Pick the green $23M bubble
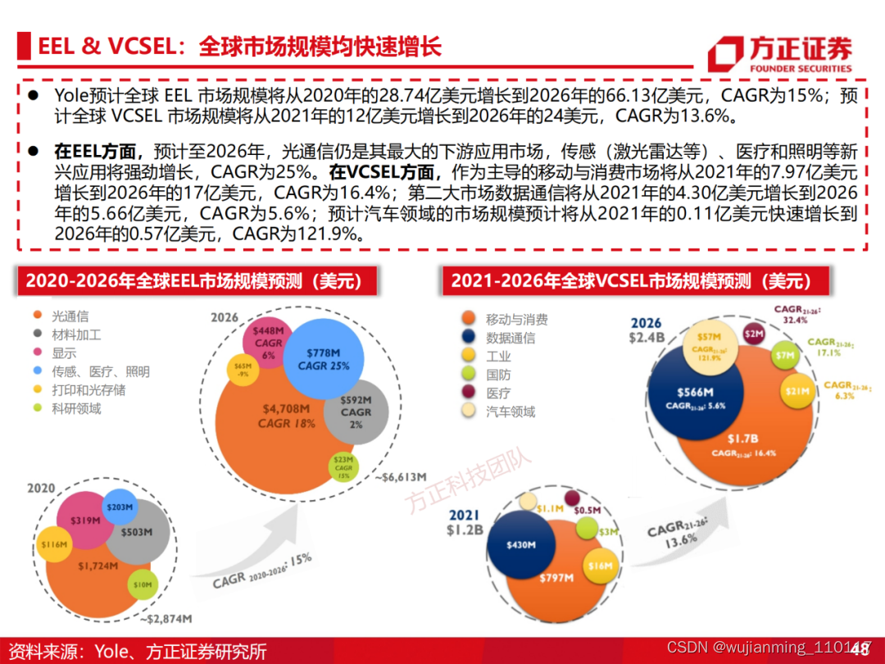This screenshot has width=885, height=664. (344, 466)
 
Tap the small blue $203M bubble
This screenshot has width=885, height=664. (119, 507)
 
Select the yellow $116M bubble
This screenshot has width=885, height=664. (54, 543)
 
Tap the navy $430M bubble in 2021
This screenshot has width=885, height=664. (521, 545)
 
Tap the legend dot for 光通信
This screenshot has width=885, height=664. (38, 316)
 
